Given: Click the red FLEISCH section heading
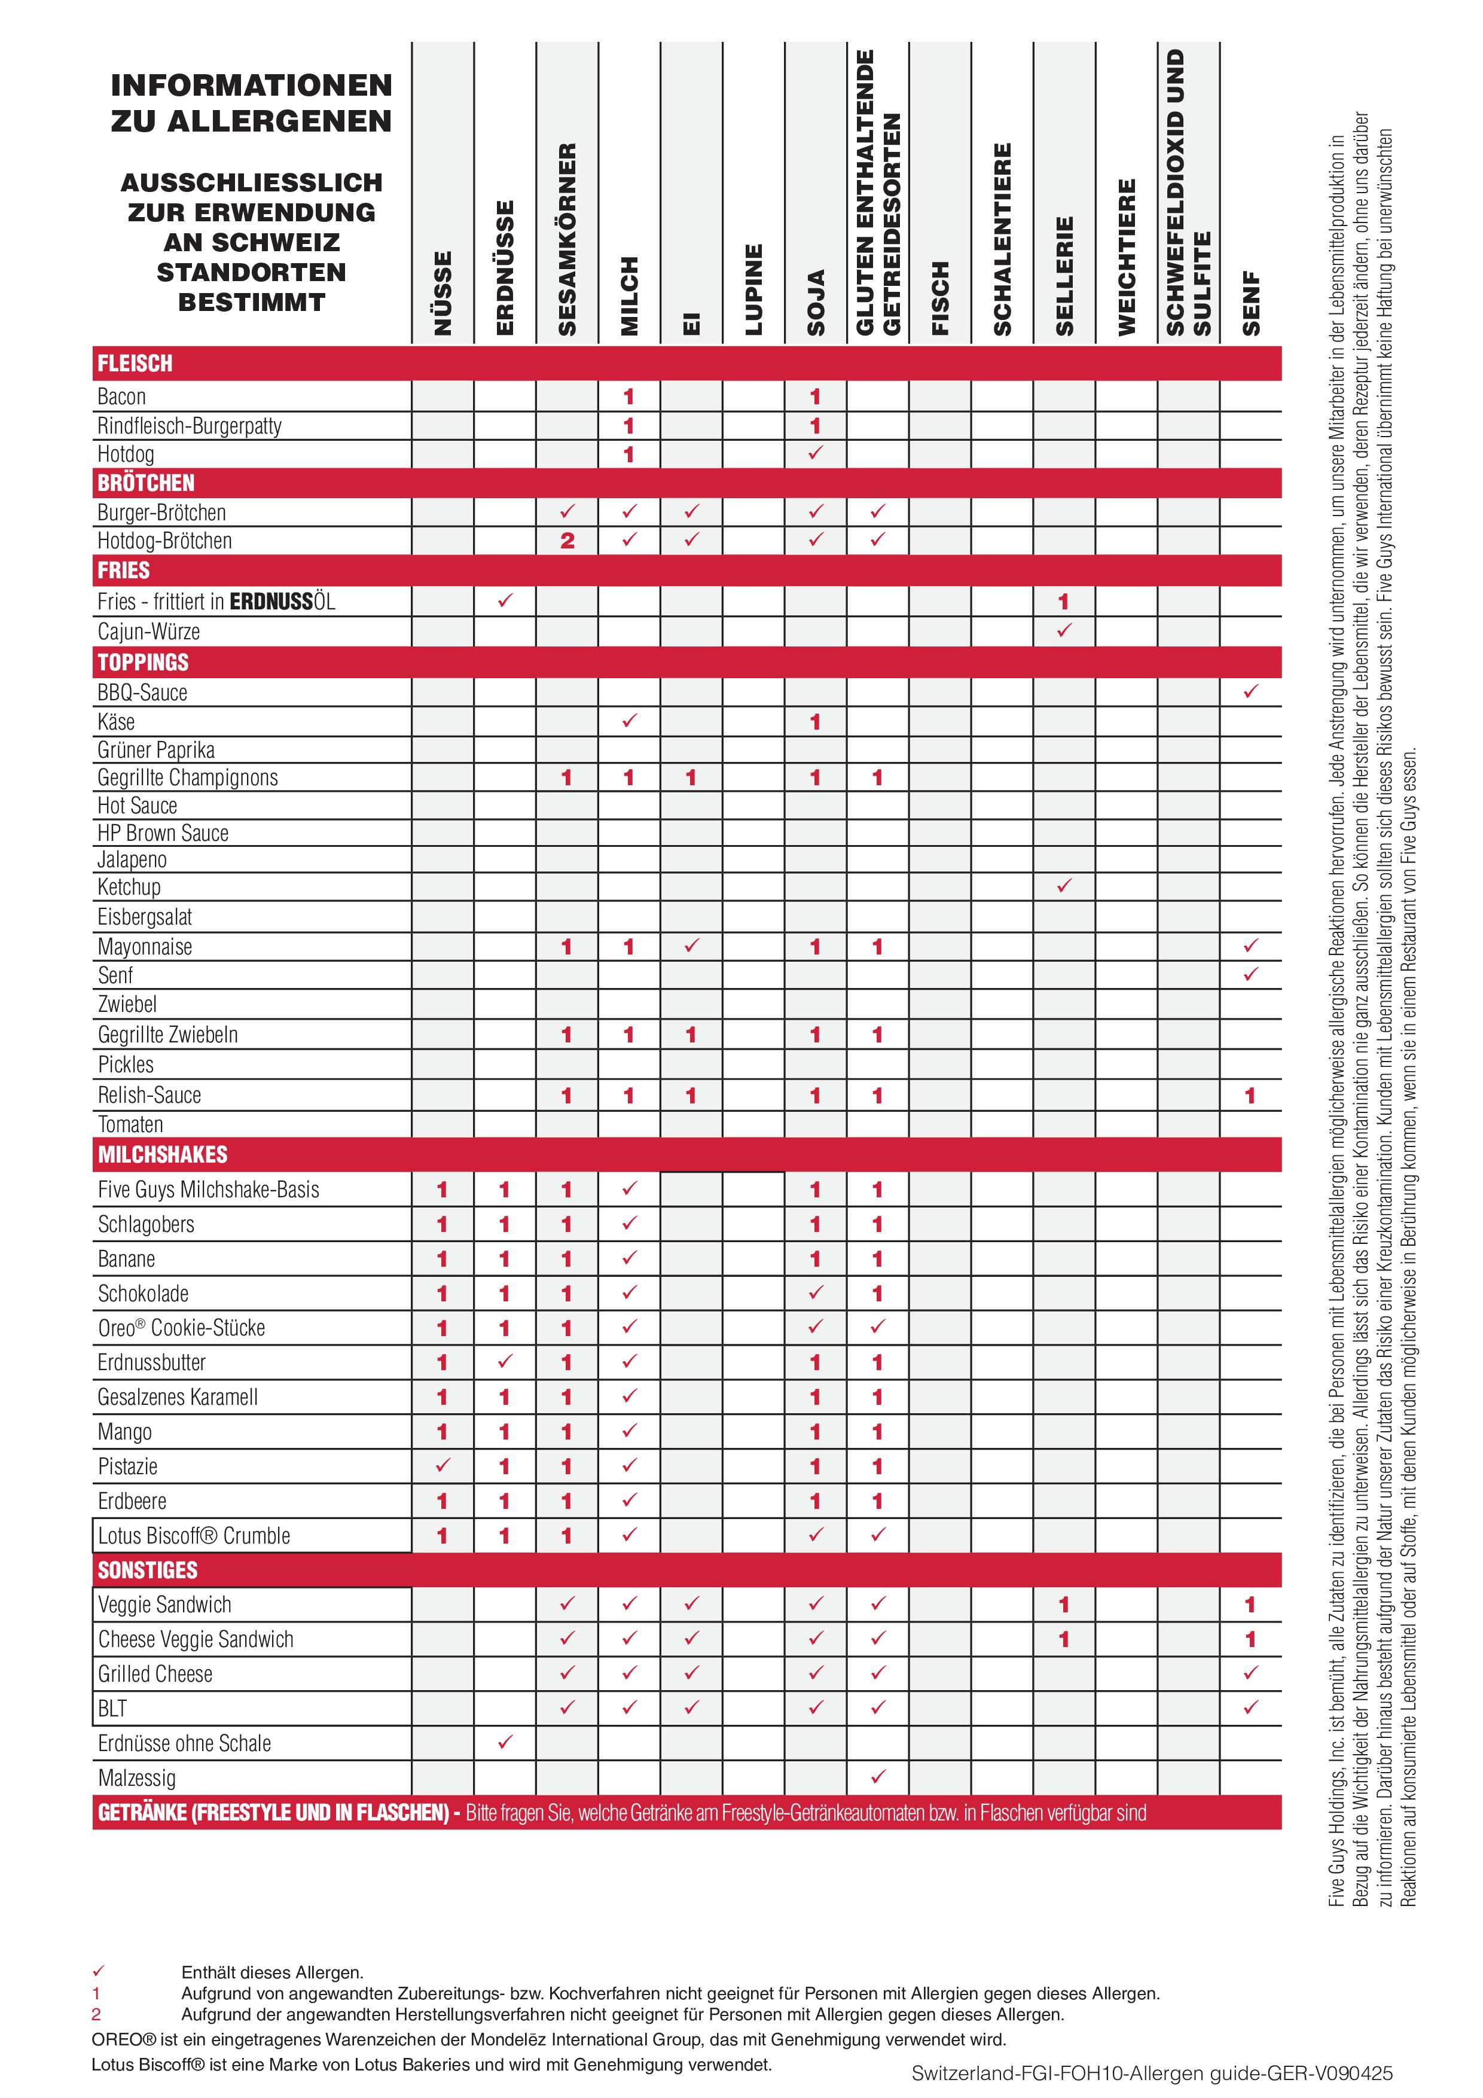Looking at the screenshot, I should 135,364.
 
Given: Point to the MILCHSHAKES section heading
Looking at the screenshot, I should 163,1154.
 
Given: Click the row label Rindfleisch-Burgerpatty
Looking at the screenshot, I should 189,426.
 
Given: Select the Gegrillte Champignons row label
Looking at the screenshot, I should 187,777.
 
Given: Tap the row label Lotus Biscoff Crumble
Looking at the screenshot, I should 194,1536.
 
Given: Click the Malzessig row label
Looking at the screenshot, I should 137,1778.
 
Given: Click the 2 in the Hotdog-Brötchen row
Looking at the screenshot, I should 566,541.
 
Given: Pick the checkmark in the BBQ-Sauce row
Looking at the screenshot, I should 1250,692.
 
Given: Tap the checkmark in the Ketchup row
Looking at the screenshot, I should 1064,886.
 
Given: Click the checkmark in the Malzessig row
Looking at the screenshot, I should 877,1776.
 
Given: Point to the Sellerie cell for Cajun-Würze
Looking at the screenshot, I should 1064,630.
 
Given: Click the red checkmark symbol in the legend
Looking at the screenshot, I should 99,1971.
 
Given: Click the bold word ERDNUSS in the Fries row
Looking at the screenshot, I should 271,601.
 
